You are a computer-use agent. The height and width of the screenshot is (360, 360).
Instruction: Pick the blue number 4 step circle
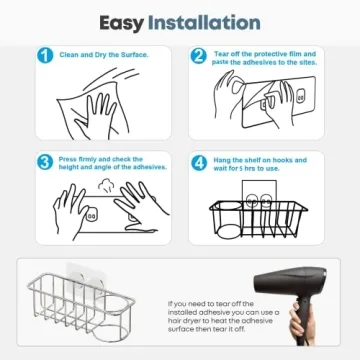tap(199, 162)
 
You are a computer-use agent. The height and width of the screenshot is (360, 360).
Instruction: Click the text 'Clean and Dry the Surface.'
tap(100, 56)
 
